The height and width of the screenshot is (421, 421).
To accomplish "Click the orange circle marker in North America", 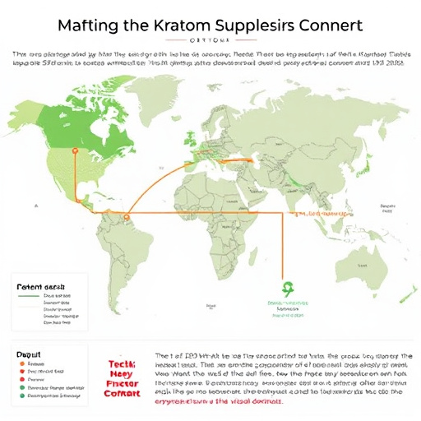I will point(72,151).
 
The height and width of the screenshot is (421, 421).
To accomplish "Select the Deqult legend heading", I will point(28,353).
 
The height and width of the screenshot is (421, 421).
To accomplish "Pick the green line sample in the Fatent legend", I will point(29,294).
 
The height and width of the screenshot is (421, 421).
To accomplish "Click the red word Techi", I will point(123,363).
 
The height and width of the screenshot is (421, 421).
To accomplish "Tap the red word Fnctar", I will point(123,383).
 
